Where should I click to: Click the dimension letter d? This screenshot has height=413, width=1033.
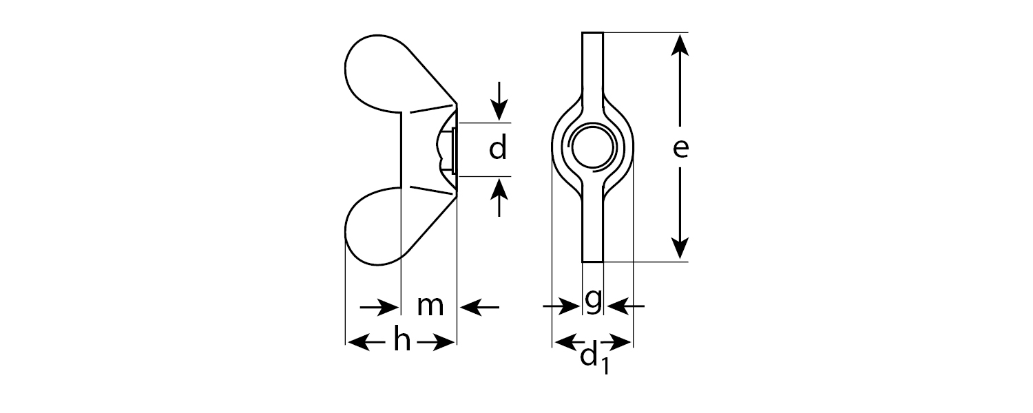click(x=498, y=148)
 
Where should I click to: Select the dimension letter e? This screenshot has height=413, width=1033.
click(x=680, y=148)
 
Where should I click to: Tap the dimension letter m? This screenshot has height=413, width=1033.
click(x=430, y=306)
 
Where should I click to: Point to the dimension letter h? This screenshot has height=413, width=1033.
click(x=401, y=341)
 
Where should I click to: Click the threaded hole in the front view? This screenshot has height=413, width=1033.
click(x=592, y=147)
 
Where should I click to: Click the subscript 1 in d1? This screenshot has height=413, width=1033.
click(x=603, y=366)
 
